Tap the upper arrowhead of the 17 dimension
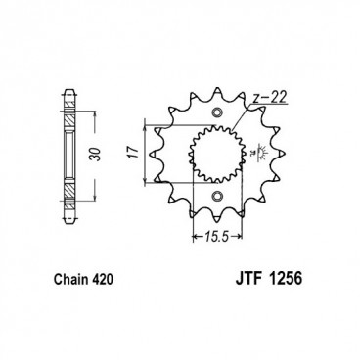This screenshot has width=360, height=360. [x=146, y=122]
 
